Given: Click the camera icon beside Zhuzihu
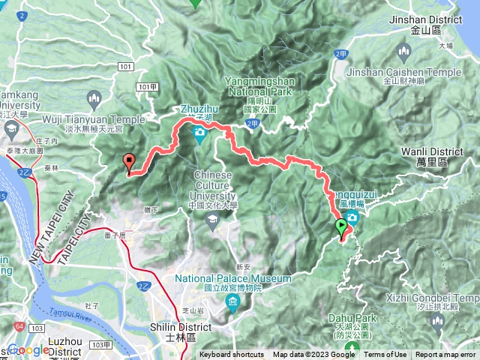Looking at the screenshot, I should point(199,134).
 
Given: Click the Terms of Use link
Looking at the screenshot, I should point(385,355).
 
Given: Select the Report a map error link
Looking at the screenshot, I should point(447,355).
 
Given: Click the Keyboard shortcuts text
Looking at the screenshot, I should point(231,355).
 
